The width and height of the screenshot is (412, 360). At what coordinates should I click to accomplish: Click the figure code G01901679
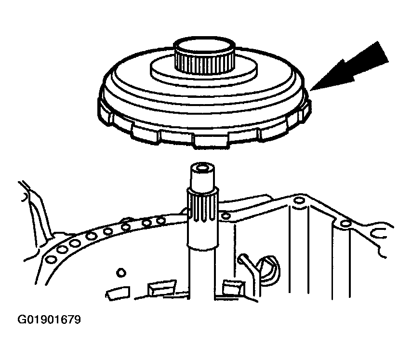coord(49,320)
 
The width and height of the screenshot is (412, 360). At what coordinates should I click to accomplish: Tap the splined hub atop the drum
coord(204,56)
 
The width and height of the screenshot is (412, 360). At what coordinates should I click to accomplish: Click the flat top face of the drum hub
coord(204,45)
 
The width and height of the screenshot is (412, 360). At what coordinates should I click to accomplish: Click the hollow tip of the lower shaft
coord(202,167)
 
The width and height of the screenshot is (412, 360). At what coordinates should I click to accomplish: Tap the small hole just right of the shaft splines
coord(225,216)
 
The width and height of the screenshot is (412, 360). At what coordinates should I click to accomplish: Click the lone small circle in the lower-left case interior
coord(121,272)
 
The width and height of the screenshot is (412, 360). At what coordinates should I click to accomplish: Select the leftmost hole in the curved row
coord(51,260)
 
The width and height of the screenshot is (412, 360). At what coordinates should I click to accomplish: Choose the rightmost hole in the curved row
coord(160,221)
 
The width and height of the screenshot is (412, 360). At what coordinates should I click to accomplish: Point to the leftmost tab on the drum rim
coord(106,110)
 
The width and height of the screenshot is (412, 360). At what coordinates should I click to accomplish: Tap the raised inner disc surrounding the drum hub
coord(204,69)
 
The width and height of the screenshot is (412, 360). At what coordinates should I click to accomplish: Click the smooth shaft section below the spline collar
coord(202,273)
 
